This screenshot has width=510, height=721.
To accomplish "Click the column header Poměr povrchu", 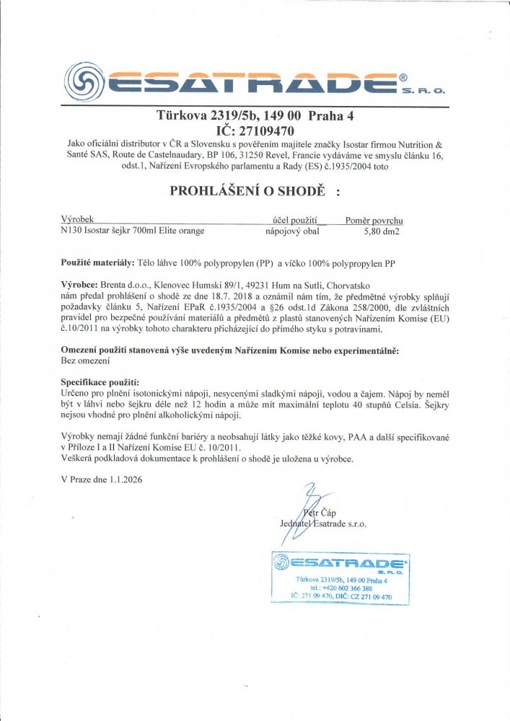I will [374, 218].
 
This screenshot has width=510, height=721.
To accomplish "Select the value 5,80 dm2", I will [382, 231].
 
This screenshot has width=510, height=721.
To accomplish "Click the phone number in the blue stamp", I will [338, 588].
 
